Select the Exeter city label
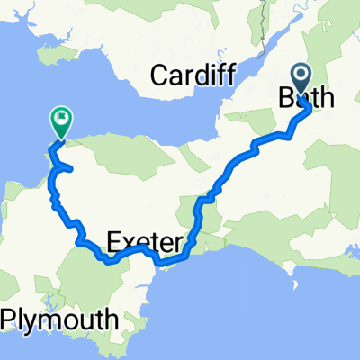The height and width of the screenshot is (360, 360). coord(146,241)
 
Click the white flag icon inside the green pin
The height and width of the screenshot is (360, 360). coord(61,116)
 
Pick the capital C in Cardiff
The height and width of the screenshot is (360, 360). coord(159,76)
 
